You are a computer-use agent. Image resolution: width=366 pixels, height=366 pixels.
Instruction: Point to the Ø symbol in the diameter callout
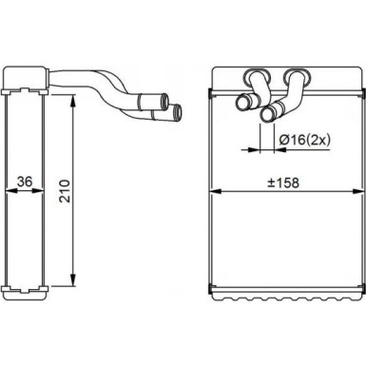tap(286, 142)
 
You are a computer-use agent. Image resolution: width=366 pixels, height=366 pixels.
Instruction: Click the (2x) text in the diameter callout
tap(317, 142)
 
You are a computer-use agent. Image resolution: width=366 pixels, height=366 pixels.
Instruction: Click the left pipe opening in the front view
tap(240, 103)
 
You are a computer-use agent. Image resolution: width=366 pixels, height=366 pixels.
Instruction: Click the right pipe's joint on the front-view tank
tap(292, 75)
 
